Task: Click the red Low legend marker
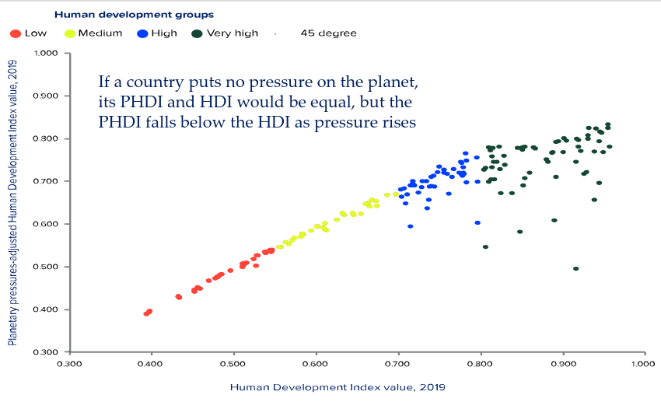click(16, 33)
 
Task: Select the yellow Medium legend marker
click(69, 33)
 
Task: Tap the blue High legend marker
click(142, 33)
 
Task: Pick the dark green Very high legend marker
click(198, 33)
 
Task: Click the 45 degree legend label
click(328, 33)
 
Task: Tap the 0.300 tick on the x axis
click(70, 363)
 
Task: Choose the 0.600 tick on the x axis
click(316, 363)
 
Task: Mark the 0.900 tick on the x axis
click(561, 363)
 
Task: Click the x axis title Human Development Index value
click(337, 386)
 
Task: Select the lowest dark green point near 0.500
click(575, 269)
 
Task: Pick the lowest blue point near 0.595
click(410, 226)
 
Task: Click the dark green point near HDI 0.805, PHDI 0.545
click(485, 247)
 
